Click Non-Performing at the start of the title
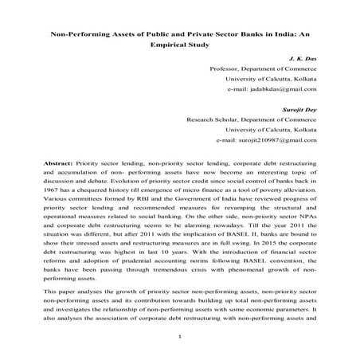(x=80, y=35)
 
